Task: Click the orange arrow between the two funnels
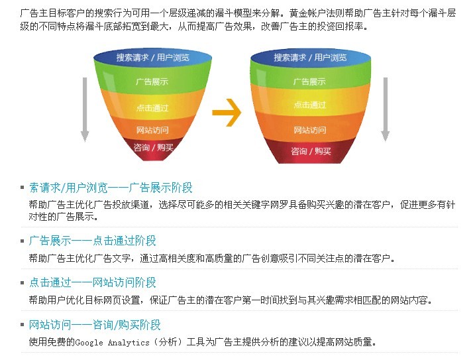click(x=227, y=113)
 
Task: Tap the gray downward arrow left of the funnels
click(x=85, y=109)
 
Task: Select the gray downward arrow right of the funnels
click(x=386, y=109)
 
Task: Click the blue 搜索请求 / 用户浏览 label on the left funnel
click(x=152, y=57)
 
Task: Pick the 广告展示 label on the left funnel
click(x=152, y=82)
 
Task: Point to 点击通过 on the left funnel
click(x=152, y=108)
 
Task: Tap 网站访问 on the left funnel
click(x=152, y=131)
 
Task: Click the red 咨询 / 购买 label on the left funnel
click(x=154, y=148)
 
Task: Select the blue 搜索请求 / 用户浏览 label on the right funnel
click(x=310, y=57)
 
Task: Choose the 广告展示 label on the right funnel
click(x=309, y=82)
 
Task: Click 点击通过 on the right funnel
click(x=310, y=105)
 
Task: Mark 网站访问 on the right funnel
click(x=310, y=131)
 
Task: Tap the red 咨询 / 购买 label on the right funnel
click(x=311, y=151)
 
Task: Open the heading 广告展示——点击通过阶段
click(x=92, y=241)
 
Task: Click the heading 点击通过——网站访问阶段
click(x=92, y=282)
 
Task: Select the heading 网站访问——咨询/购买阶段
click(x=95, y=325)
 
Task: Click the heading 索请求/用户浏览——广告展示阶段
click(x=111, y=188)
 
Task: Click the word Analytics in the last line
click(x=129, y=343)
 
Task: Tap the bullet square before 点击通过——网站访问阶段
click(x=22, y=283)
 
